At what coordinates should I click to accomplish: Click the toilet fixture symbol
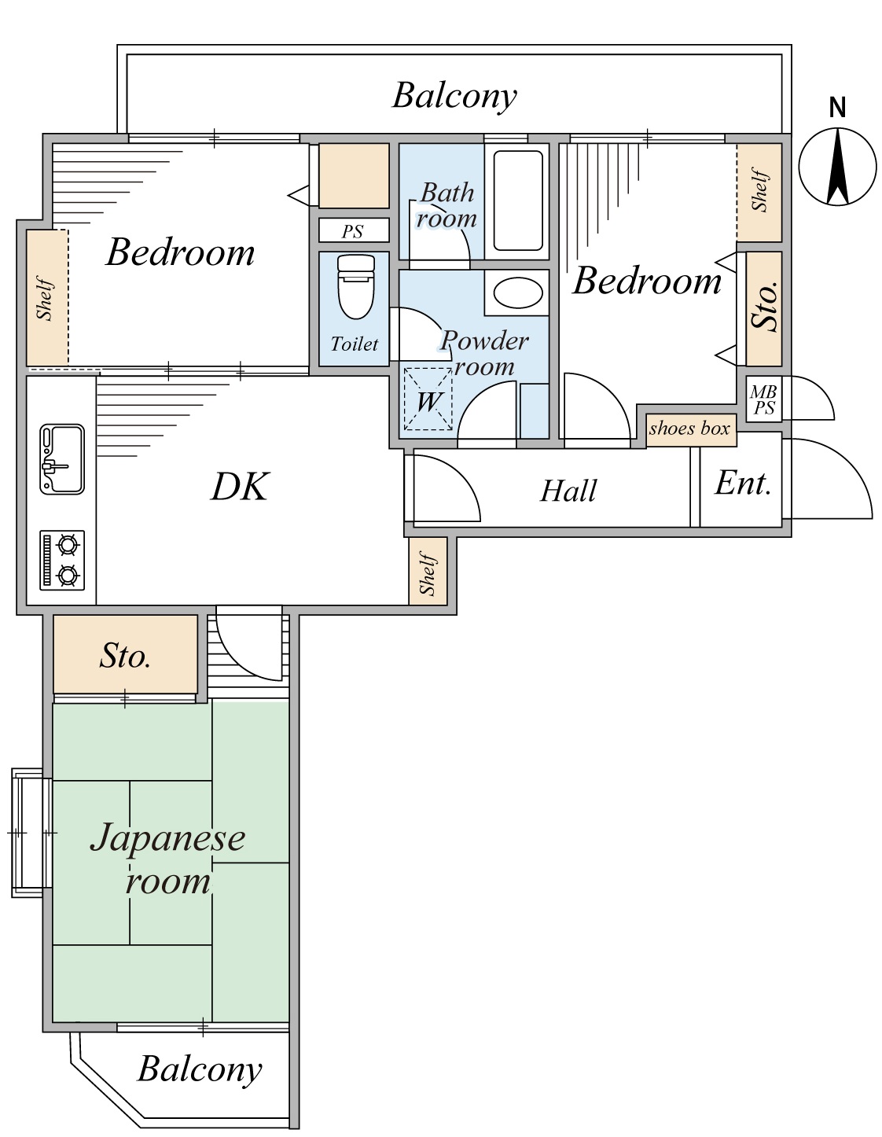[355, 285]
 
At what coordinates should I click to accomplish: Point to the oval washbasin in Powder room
[518, 294]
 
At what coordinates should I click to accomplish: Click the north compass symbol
[837, 164]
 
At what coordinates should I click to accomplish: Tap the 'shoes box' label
[690, 429]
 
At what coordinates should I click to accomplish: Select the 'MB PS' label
[763, 400]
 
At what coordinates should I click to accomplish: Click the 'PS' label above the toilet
[353, 231]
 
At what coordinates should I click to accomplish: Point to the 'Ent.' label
[742, 484]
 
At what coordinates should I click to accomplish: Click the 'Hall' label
[568, 491]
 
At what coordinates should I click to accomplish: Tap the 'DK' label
[240, 487]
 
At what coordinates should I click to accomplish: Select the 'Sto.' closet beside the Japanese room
[125, 656]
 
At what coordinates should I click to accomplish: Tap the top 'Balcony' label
[454, 96]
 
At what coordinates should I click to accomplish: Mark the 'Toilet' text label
[354, 344]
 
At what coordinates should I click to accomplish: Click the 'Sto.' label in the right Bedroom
[764, 306]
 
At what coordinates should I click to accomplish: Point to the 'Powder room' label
[483, 353]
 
